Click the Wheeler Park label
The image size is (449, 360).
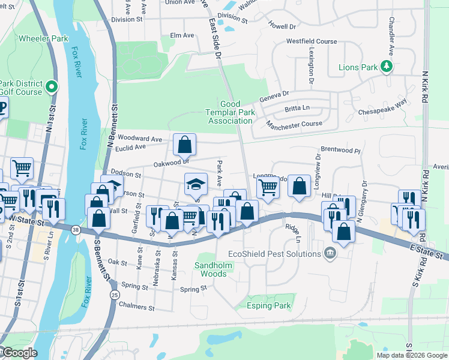click(x=44, y=38)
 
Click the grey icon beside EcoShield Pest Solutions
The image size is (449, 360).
click(x=329, y=254)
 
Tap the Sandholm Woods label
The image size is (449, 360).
click(x=210, y=269)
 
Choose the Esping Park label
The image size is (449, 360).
click(x=269, y=305)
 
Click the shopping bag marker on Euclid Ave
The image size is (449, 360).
click(x=185, y=144)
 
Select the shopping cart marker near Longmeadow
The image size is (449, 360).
click(x=268, y=187)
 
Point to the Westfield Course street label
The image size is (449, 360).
click(x=312, y=41)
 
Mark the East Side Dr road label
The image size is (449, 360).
click(x=214, y=39)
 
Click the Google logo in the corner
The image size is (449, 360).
click(x=20, y=353)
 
